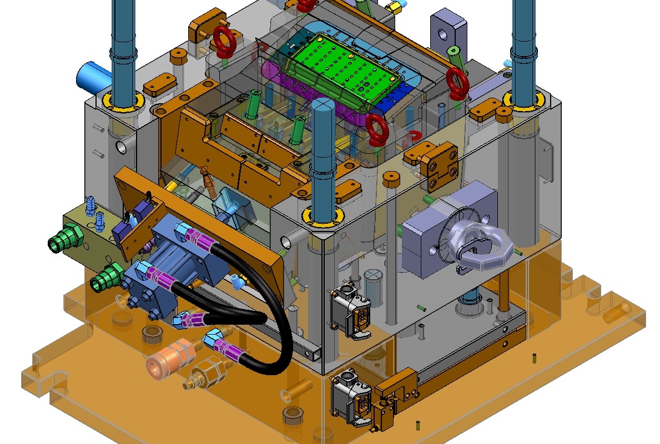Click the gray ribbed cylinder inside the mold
(x=374, y=287)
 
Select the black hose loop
(x=278, y=344)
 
